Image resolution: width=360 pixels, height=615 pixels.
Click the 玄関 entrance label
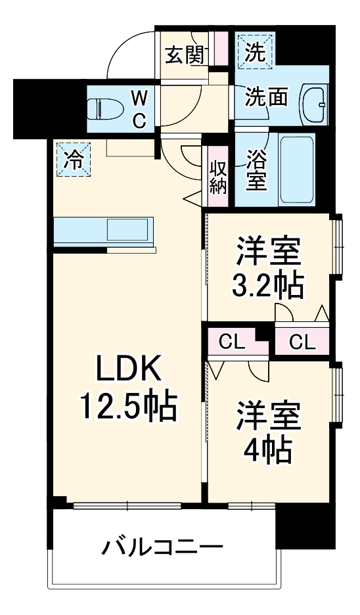pos(184,55)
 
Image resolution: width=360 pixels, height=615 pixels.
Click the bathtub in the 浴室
pos(298,171)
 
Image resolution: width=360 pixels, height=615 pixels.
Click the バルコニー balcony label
pos(162,547)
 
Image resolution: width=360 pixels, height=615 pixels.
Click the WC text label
pos(139,108)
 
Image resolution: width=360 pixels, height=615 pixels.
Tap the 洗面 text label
pos(266,97)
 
